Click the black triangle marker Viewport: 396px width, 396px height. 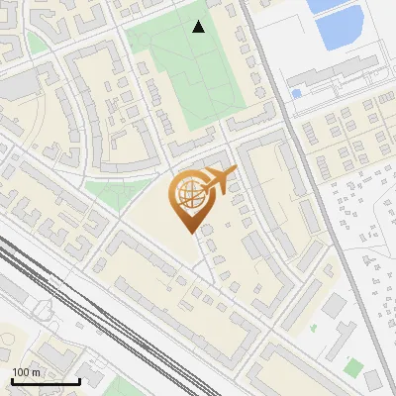click(x=199, y=27)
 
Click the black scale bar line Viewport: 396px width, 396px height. click(x=46, y=381)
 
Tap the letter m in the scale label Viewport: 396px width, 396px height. click(x=36, y=373)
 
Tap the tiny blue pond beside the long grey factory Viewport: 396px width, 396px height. click(x=296, y=94)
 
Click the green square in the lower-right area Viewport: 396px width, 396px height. click(x=353, y=367)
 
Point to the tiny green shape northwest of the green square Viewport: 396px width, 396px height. click(x=313, y=328)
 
